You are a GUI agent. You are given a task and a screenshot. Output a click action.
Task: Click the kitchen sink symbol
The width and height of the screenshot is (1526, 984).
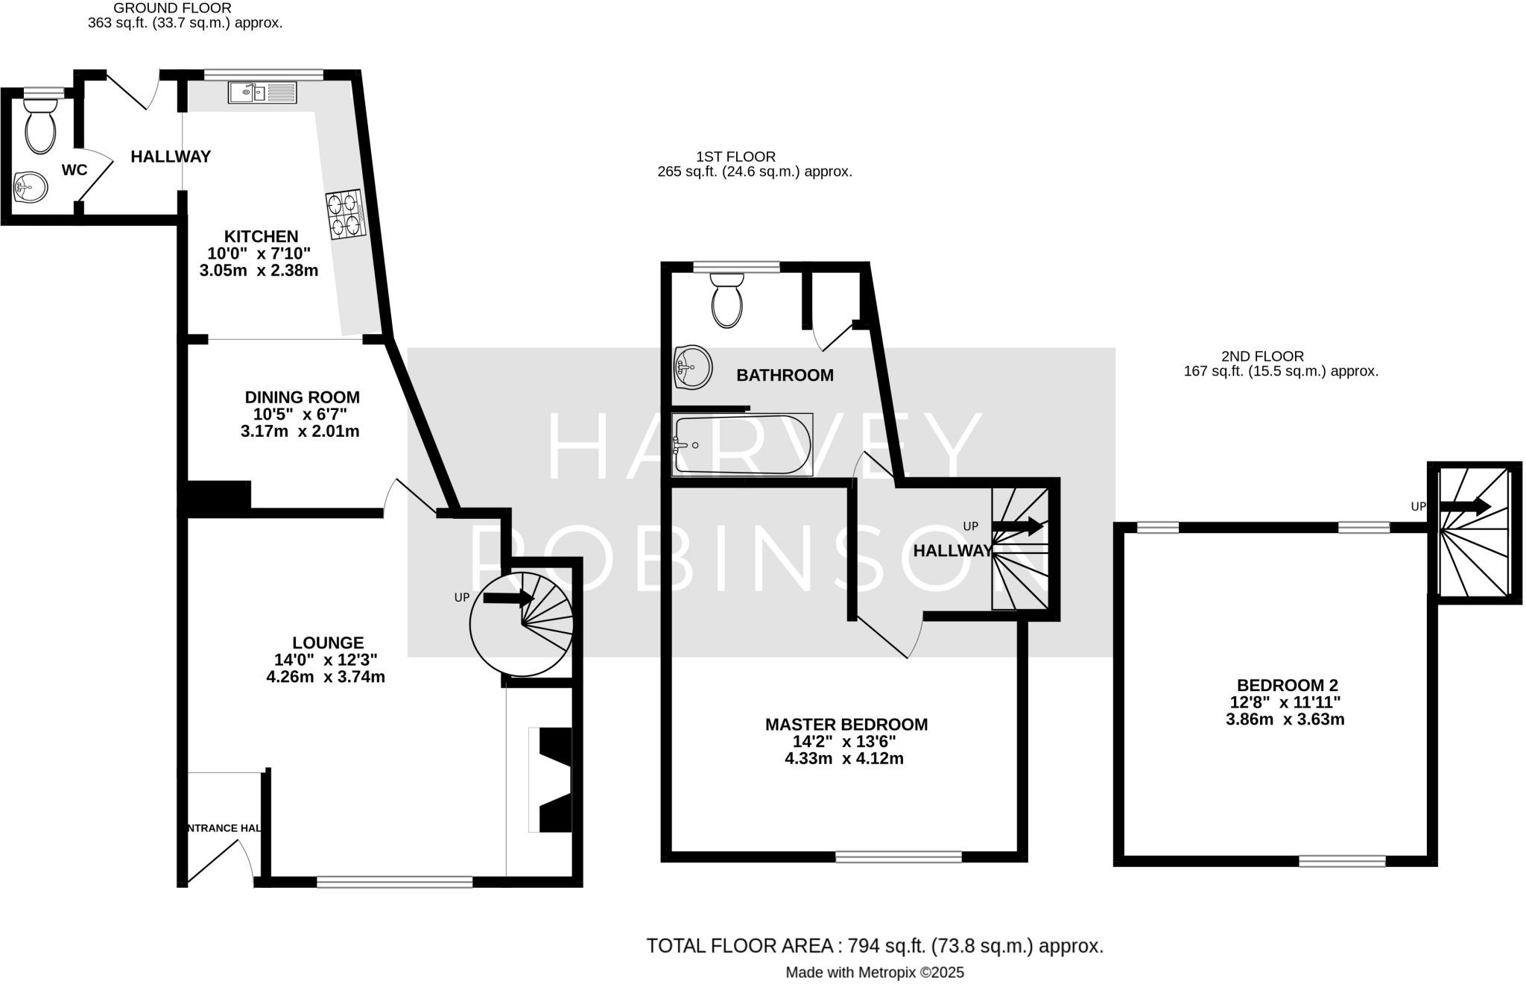pos(262,92)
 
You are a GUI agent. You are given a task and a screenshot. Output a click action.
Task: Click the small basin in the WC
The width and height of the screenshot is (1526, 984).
pos(31,186)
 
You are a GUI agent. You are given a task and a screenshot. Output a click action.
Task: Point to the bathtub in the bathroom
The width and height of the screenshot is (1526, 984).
pos(742,445)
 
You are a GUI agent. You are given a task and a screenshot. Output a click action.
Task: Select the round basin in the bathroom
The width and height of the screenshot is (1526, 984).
pos(693,367)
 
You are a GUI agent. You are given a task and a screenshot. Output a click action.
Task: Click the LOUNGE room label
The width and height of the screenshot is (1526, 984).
pos(328,643)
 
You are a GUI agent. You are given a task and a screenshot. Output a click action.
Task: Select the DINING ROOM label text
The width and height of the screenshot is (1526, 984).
pos(302,397)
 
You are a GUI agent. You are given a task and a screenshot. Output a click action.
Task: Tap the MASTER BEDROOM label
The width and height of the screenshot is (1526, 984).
pos(846,725)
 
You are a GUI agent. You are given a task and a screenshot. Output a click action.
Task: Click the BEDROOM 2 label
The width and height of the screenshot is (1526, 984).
pos(1287,685)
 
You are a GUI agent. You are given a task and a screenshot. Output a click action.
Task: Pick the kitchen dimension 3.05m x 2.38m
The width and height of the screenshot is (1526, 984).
pos(259,271)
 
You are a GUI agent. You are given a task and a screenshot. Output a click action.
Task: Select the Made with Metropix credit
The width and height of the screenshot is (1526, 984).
pos(874,973)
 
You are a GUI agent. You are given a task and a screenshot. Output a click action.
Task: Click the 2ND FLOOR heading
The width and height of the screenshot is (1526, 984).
pos(1262,356)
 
